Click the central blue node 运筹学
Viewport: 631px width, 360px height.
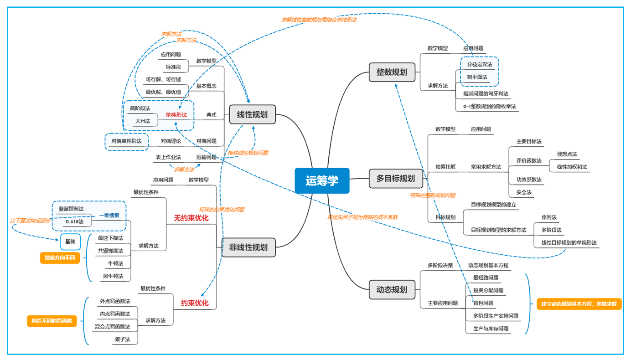tap(322, 180)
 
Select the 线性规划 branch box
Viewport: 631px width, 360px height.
tap(252, 114)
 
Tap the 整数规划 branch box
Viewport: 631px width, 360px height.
tap(392, 72)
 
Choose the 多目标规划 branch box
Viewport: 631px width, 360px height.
tap(395, 178)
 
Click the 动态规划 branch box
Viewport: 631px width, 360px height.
tap(392, 289)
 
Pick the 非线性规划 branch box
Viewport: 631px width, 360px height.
tap(248, 247)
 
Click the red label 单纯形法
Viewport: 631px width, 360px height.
tap(176, 115)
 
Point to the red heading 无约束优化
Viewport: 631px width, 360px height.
tap(191, 218)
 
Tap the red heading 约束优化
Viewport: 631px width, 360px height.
tap(195, 303)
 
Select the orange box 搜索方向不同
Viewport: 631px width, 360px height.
tap(59, 258)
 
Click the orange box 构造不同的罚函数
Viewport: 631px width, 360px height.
tap(52, 321)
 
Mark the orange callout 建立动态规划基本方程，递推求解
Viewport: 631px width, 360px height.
tap(579, 303)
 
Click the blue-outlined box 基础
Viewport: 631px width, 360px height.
tap(70, 242)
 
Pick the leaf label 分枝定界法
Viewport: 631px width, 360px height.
tap(479, 65)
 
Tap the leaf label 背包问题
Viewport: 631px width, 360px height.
tap(483, 303)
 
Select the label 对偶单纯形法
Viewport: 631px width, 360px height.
tap(126, 141)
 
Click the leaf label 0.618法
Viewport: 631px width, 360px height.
tap(74, 221)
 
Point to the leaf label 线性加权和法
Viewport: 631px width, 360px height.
tap(572, 167)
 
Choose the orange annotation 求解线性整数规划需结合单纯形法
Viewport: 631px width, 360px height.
tap(319, 20)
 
